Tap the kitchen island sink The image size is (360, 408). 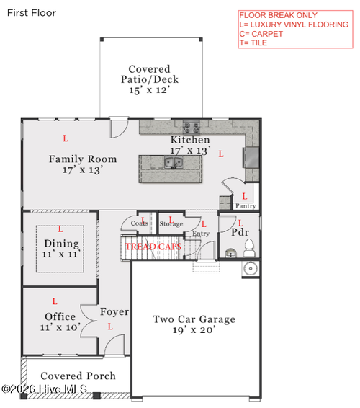(x=174, y=162)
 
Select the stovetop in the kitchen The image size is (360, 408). (x=192, y=128)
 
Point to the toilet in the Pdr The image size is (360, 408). (x=249, y=248)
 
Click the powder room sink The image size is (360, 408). (x=230, y=253)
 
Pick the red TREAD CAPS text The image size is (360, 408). (x=153, y=247)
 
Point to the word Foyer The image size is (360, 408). (x=114, y=311)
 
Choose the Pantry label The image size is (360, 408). (x=246, y=206)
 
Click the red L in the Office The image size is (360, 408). (x=55, y=301)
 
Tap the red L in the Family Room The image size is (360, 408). (x=66, y=138)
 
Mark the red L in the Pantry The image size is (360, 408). (x=245, y=196)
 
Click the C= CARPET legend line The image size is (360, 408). (x=261, y=34)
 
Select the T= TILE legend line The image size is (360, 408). (x=253, y=43)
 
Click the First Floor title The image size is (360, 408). (x=32, y=13)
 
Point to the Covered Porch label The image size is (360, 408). (x=78, y=376)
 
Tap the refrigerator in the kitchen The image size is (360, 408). (x=251, y=157)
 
